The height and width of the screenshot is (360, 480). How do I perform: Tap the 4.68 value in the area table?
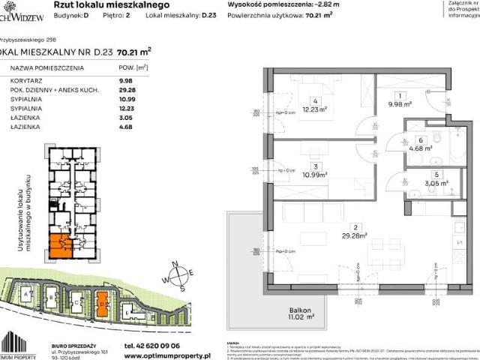coord(127,125)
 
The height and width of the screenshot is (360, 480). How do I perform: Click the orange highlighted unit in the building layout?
coord(61,243)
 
